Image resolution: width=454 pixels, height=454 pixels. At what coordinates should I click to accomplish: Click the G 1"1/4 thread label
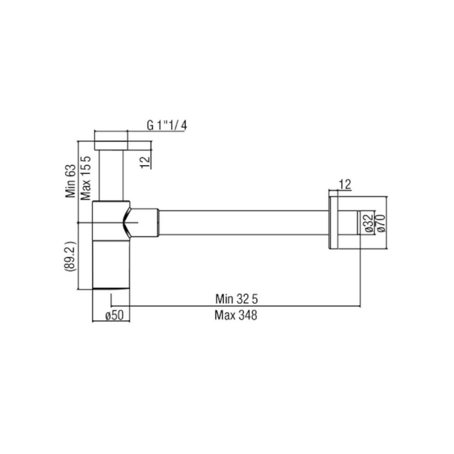coord(167,125)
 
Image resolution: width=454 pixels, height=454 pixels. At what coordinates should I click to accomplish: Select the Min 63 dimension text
coord(70,181)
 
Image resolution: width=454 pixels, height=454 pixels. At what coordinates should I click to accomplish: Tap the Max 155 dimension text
coord(86,178)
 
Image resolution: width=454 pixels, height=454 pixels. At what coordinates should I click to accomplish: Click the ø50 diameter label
coord(114,316)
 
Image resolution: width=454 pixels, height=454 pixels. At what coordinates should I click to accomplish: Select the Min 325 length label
coord(236,299)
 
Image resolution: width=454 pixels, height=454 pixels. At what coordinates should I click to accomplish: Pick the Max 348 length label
coord(236,315)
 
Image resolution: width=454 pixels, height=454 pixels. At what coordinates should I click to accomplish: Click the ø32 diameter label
coord(368,223)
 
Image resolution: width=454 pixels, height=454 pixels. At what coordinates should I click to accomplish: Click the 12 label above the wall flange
coord(345,184)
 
